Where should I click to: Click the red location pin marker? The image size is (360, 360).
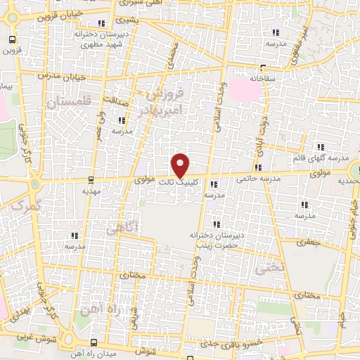click(181, 165)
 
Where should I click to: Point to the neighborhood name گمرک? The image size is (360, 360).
click(26, 206)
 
